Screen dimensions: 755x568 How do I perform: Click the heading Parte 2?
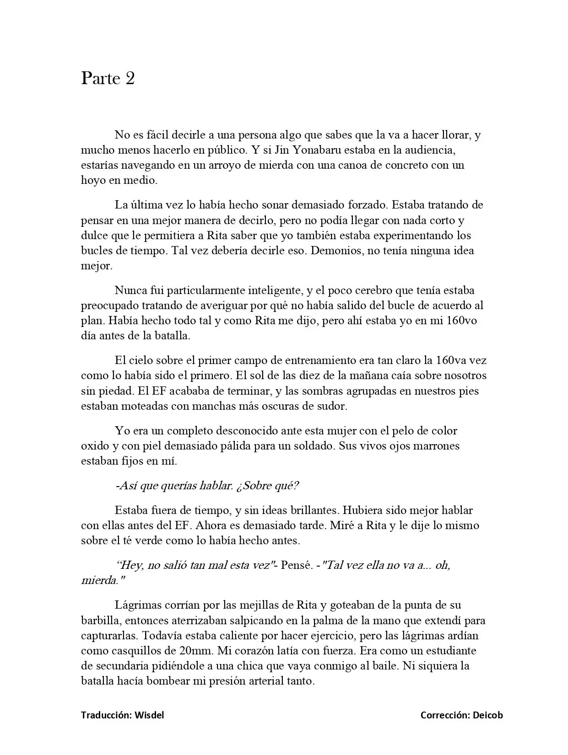pyautogui.click(x=108, y=78)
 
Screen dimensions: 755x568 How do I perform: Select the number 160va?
pyautogui.click(x=452, y=360)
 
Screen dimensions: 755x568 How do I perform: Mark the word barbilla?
pyautogui.click(x=100, y=621)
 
